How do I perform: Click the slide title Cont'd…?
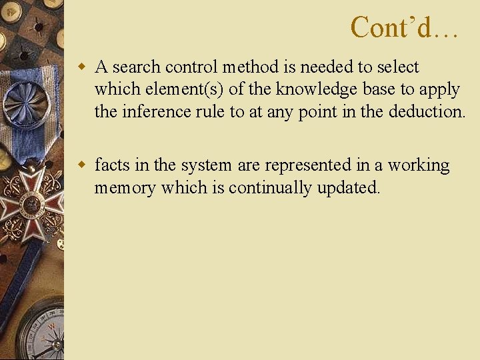point(404,28)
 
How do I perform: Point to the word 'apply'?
point(439,89)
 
